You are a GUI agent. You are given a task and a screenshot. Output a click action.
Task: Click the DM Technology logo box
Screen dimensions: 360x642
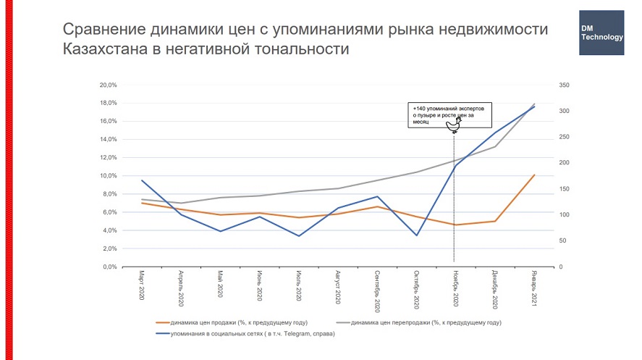[x=601, y=33]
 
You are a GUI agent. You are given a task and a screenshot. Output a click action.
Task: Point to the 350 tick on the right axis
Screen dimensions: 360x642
[x=565, y=85]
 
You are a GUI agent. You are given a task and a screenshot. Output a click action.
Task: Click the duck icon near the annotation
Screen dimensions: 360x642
[x=455, y=127]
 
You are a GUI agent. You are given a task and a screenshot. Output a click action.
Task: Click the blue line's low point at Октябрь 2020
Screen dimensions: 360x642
[x=416, y=235]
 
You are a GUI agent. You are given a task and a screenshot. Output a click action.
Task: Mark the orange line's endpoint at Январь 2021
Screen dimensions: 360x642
[x=533, y=175]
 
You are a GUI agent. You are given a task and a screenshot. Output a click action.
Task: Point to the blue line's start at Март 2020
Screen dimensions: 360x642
[x=142, y=180]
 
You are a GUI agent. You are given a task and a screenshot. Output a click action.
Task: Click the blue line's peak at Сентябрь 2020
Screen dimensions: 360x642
[x=377, y=196]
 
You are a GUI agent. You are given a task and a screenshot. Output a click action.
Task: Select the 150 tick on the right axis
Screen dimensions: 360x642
[x=565, y=189]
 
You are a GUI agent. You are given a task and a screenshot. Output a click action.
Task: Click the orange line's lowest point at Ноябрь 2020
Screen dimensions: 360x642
[x=455, y=225]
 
